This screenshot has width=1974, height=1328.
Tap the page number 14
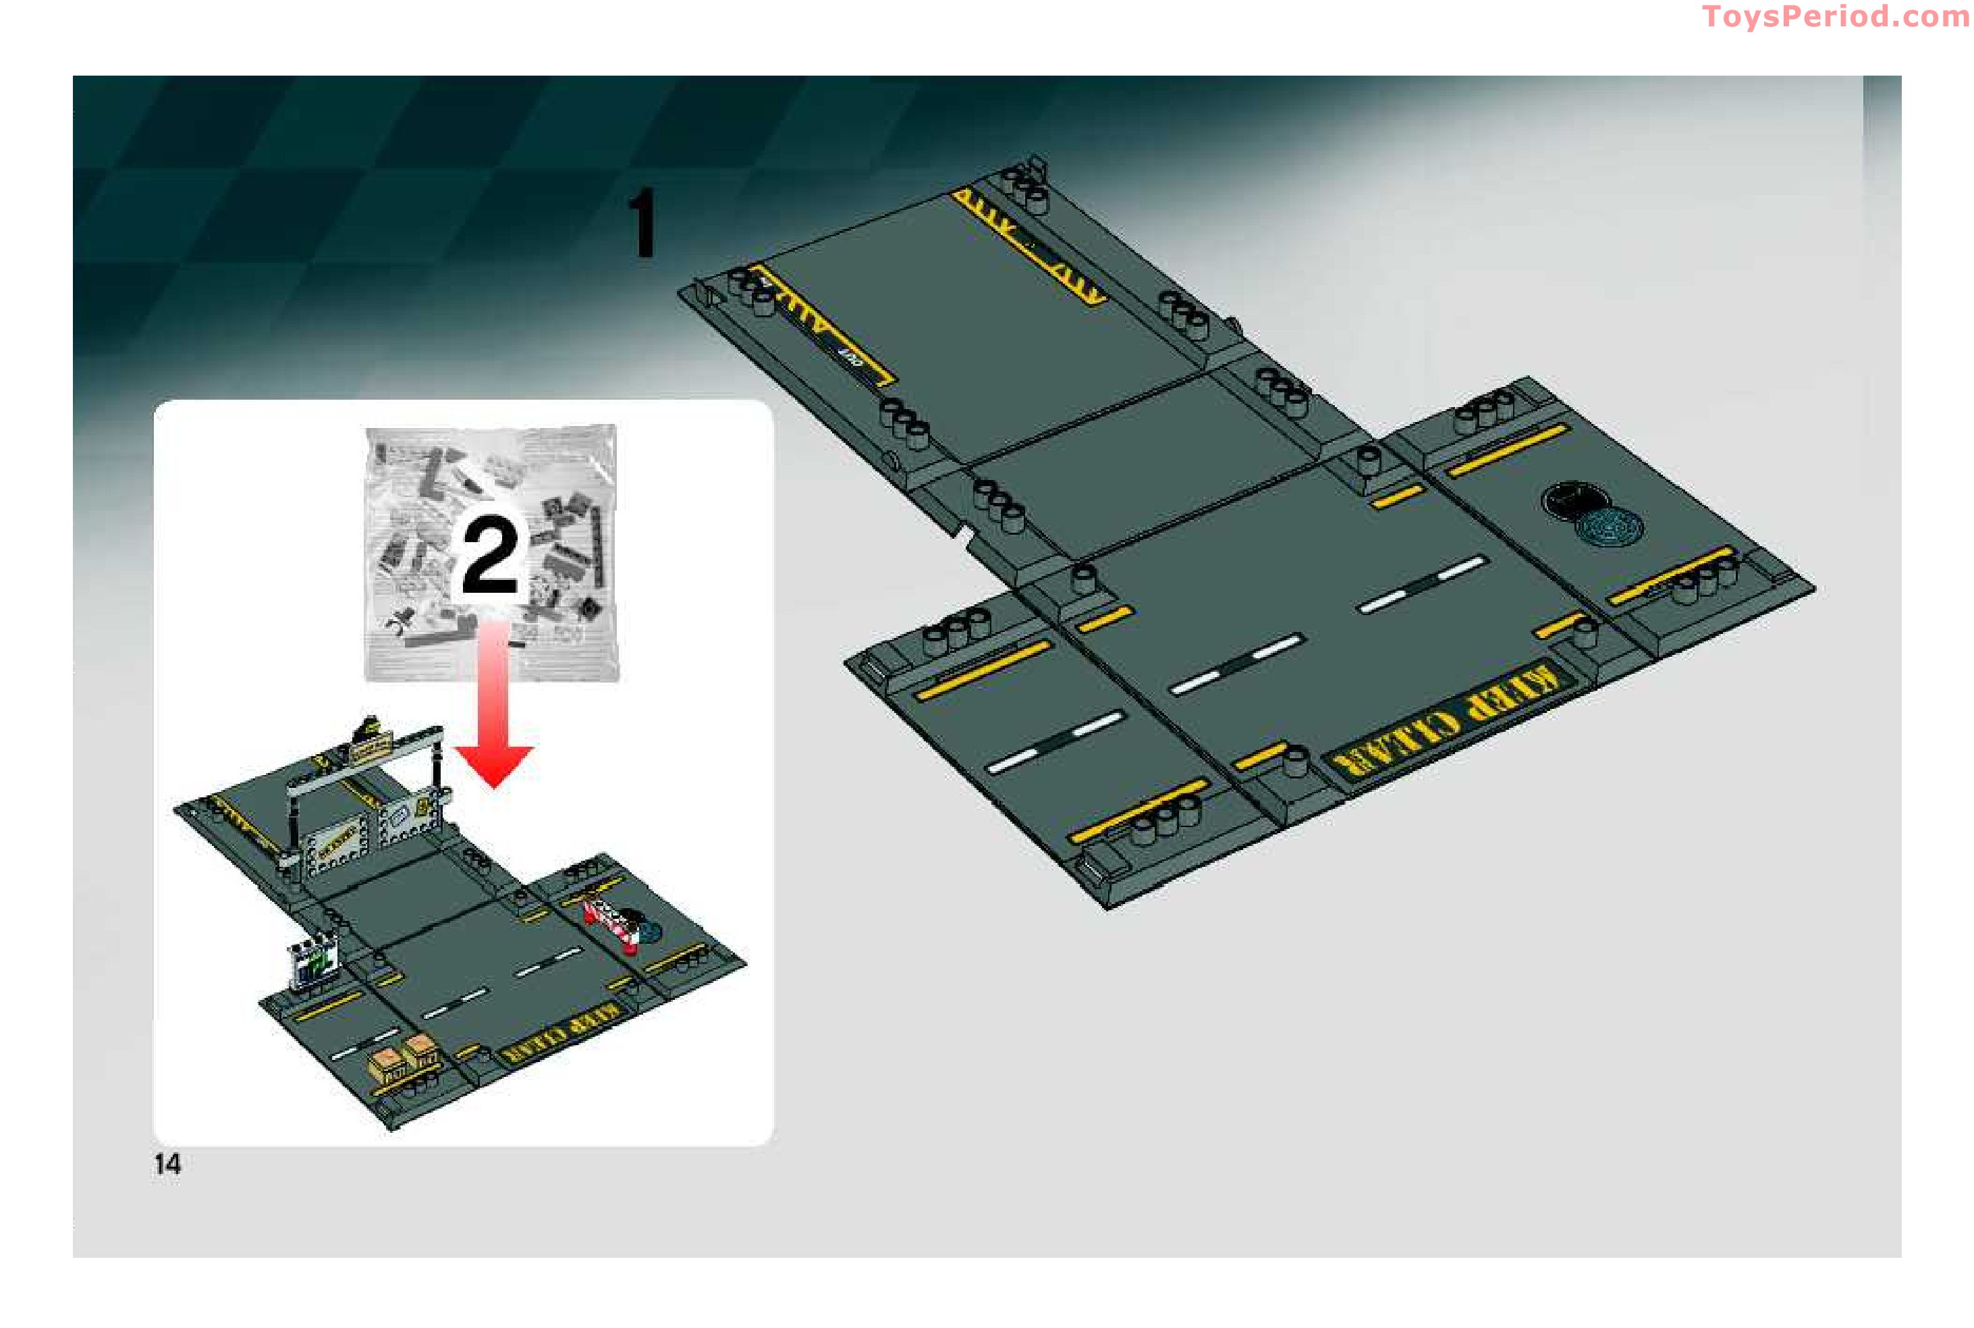tap(167, 1164)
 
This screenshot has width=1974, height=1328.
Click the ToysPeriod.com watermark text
tap(1835, 16)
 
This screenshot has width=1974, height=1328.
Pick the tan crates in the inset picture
tap(406, 1059)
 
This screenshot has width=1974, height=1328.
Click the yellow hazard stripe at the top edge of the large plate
tap(1026, 245)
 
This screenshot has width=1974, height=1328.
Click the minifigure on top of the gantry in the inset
tap(368, 728)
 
